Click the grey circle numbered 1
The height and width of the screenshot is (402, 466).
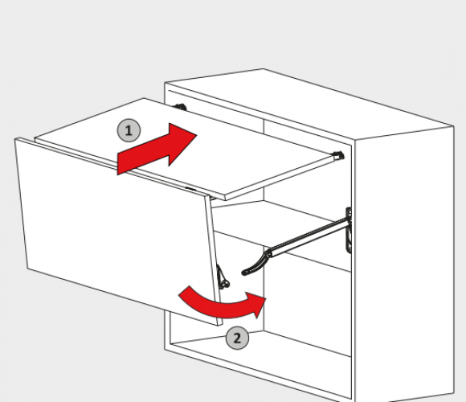point(129,130)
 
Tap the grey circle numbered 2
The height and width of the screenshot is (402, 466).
point(237,338)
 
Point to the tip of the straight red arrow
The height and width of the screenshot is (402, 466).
point(197,135)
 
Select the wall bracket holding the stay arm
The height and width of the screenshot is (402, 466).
point(349,231)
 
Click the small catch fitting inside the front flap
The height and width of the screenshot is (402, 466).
point(223,278)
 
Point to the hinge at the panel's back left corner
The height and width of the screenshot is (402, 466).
point(180,107)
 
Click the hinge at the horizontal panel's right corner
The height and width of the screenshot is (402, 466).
point(338,155)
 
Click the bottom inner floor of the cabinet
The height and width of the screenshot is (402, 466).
point(262,361)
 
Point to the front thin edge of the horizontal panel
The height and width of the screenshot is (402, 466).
point(131,169)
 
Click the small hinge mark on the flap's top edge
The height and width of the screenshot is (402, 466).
point(190,188)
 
